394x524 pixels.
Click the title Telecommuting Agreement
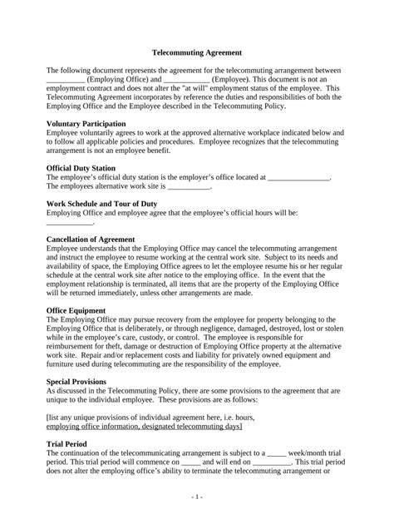(x=196, y=51)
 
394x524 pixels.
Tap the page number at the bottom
(x=196, y=497)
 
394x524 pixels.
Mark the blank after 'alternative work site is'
(x=190, y=187)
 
